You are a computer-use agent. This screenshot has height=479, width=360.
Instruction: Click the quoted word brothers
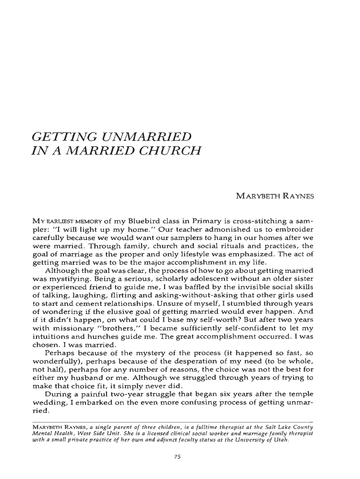pyautogui.click(x=103, y=339)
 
